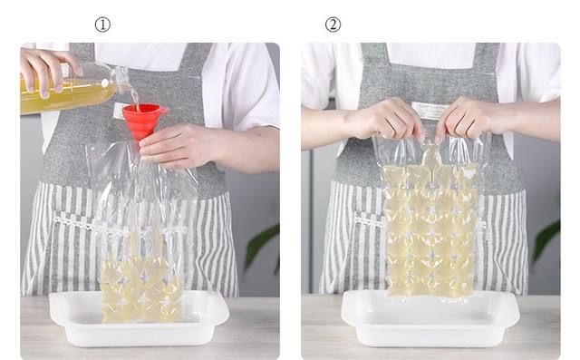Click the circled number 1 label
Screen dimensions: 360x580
pyautogui.click(x=102, y=24)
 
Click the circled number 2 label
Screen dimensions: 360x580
pyautogui.click(x=333, y=24)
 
